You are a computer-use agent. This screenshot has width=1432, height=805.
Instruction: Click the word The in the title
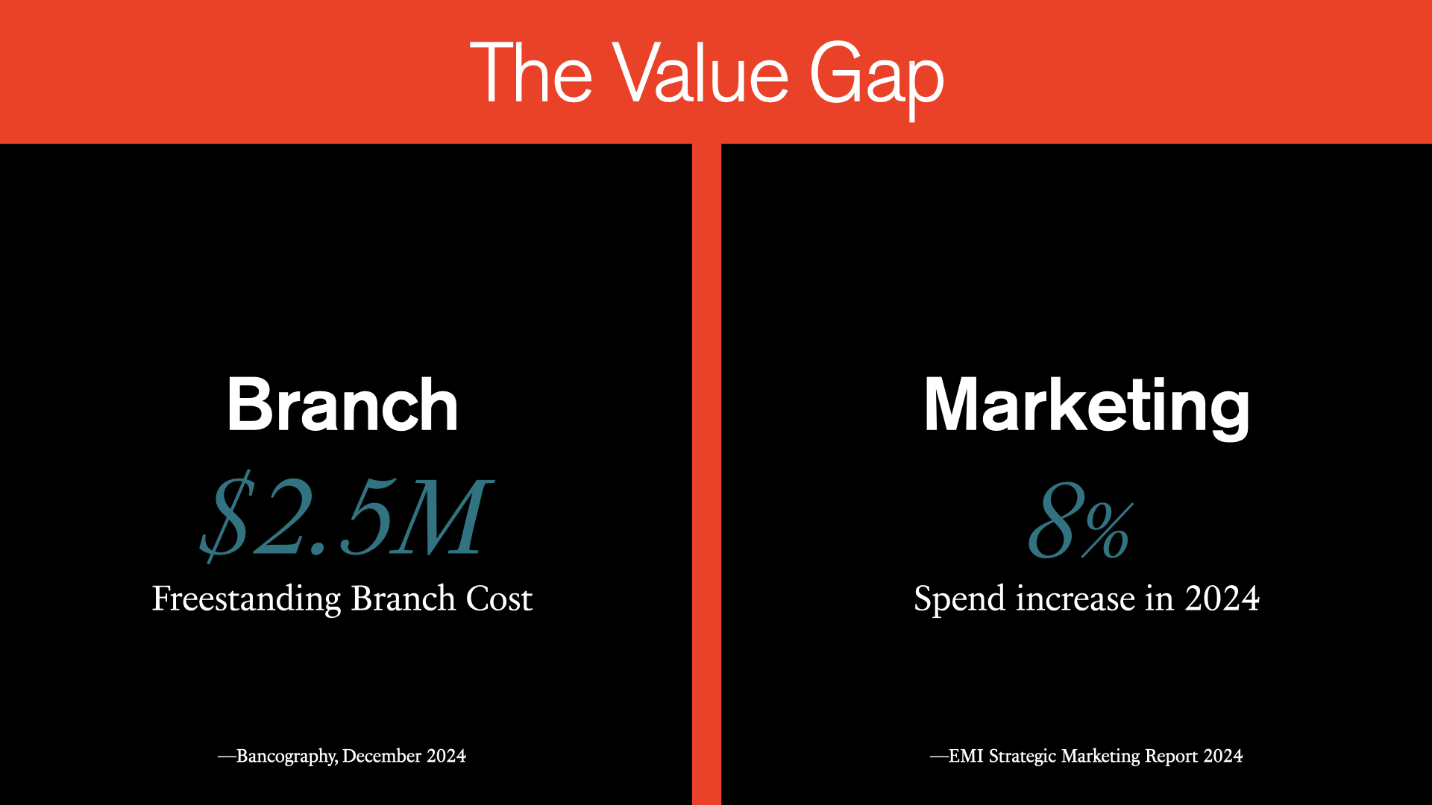coord(531,72)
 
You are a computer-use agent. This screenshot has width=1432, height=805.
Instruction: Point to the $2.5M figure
coord(345,517)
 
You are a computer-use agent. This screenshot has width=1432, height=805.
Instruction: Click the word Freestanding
coord(247,600)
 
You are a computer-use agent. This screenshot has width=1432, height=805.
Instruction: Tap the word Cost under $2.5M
coord(499,599)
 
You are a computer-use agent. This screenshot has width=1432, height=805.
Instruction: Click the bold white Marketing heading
coord(1087,407)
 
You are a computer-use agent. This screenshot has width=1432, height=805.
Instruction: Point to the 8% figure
coord(1081,521)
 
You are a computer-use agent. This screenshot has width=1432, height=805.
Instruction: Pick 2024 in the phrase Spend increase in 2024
coord(1222,599)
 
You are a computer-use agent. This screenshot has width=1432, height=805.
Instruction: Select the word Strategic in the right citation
coord(1023,757)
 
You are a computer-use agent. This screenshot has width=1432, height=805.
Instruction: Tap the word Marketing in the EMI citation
coord(1101,757)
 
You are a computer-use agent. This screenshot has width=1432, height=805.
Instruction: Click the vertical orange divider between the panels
coord(706,474)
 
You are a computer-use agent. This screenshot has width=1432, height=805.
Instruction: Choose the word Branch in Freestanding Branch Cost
coord(403,599)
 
